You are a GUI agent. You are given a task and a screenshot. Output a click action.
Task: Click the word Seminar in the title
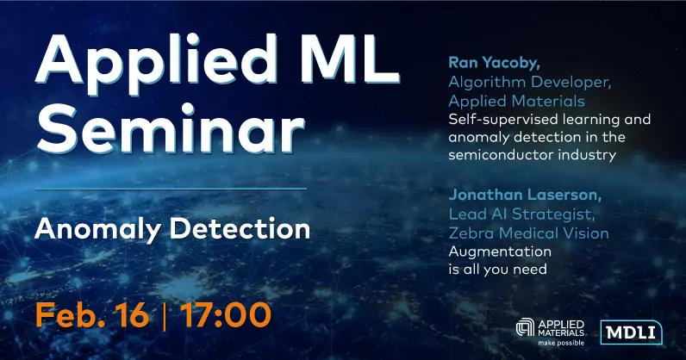[170, 128]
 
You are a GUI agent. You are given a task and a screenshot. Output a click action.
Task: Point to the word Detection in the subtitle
[240, 228]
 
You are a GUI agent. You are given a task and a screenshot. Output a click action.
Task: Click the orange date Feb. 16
[92, 314]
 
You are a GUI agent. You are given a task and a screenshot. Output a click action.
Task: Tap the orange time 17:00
[226, 314]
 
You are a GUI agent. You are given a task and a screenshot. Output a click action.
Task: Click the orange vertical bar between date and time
[165, 315]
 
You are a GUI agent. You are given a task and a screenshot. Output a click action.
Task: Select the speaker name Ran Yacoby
[494, 64]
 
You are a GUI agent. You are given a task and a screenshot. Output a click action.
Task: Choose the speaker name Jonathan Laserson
[525, 195]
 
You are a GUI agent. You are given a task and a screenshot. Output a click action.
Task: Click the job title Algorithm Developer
[530, 83]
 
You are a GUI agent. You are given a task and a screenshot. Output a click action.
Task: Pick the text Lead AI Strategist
[521, 214]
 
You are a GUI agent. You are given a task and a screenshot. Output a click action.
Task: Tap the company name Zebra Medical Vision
[528, 233]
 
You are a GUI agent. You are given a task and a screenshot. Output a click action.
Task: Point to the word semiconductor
[502, 155]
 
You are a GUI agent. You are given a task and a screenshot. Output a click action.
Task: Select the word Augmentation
[500, 252]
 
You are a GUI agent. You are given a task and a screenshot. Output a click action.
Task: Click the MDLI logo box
[631, 332]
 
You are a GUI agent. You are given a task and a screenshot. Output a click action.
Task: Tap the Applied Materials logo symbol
[525, 327]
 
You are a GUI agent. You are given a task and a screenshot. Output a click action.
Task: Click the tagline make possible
[561, 343]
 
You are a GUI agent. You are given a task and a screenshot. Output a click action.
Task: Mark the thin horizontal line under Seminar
[171, 189]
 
